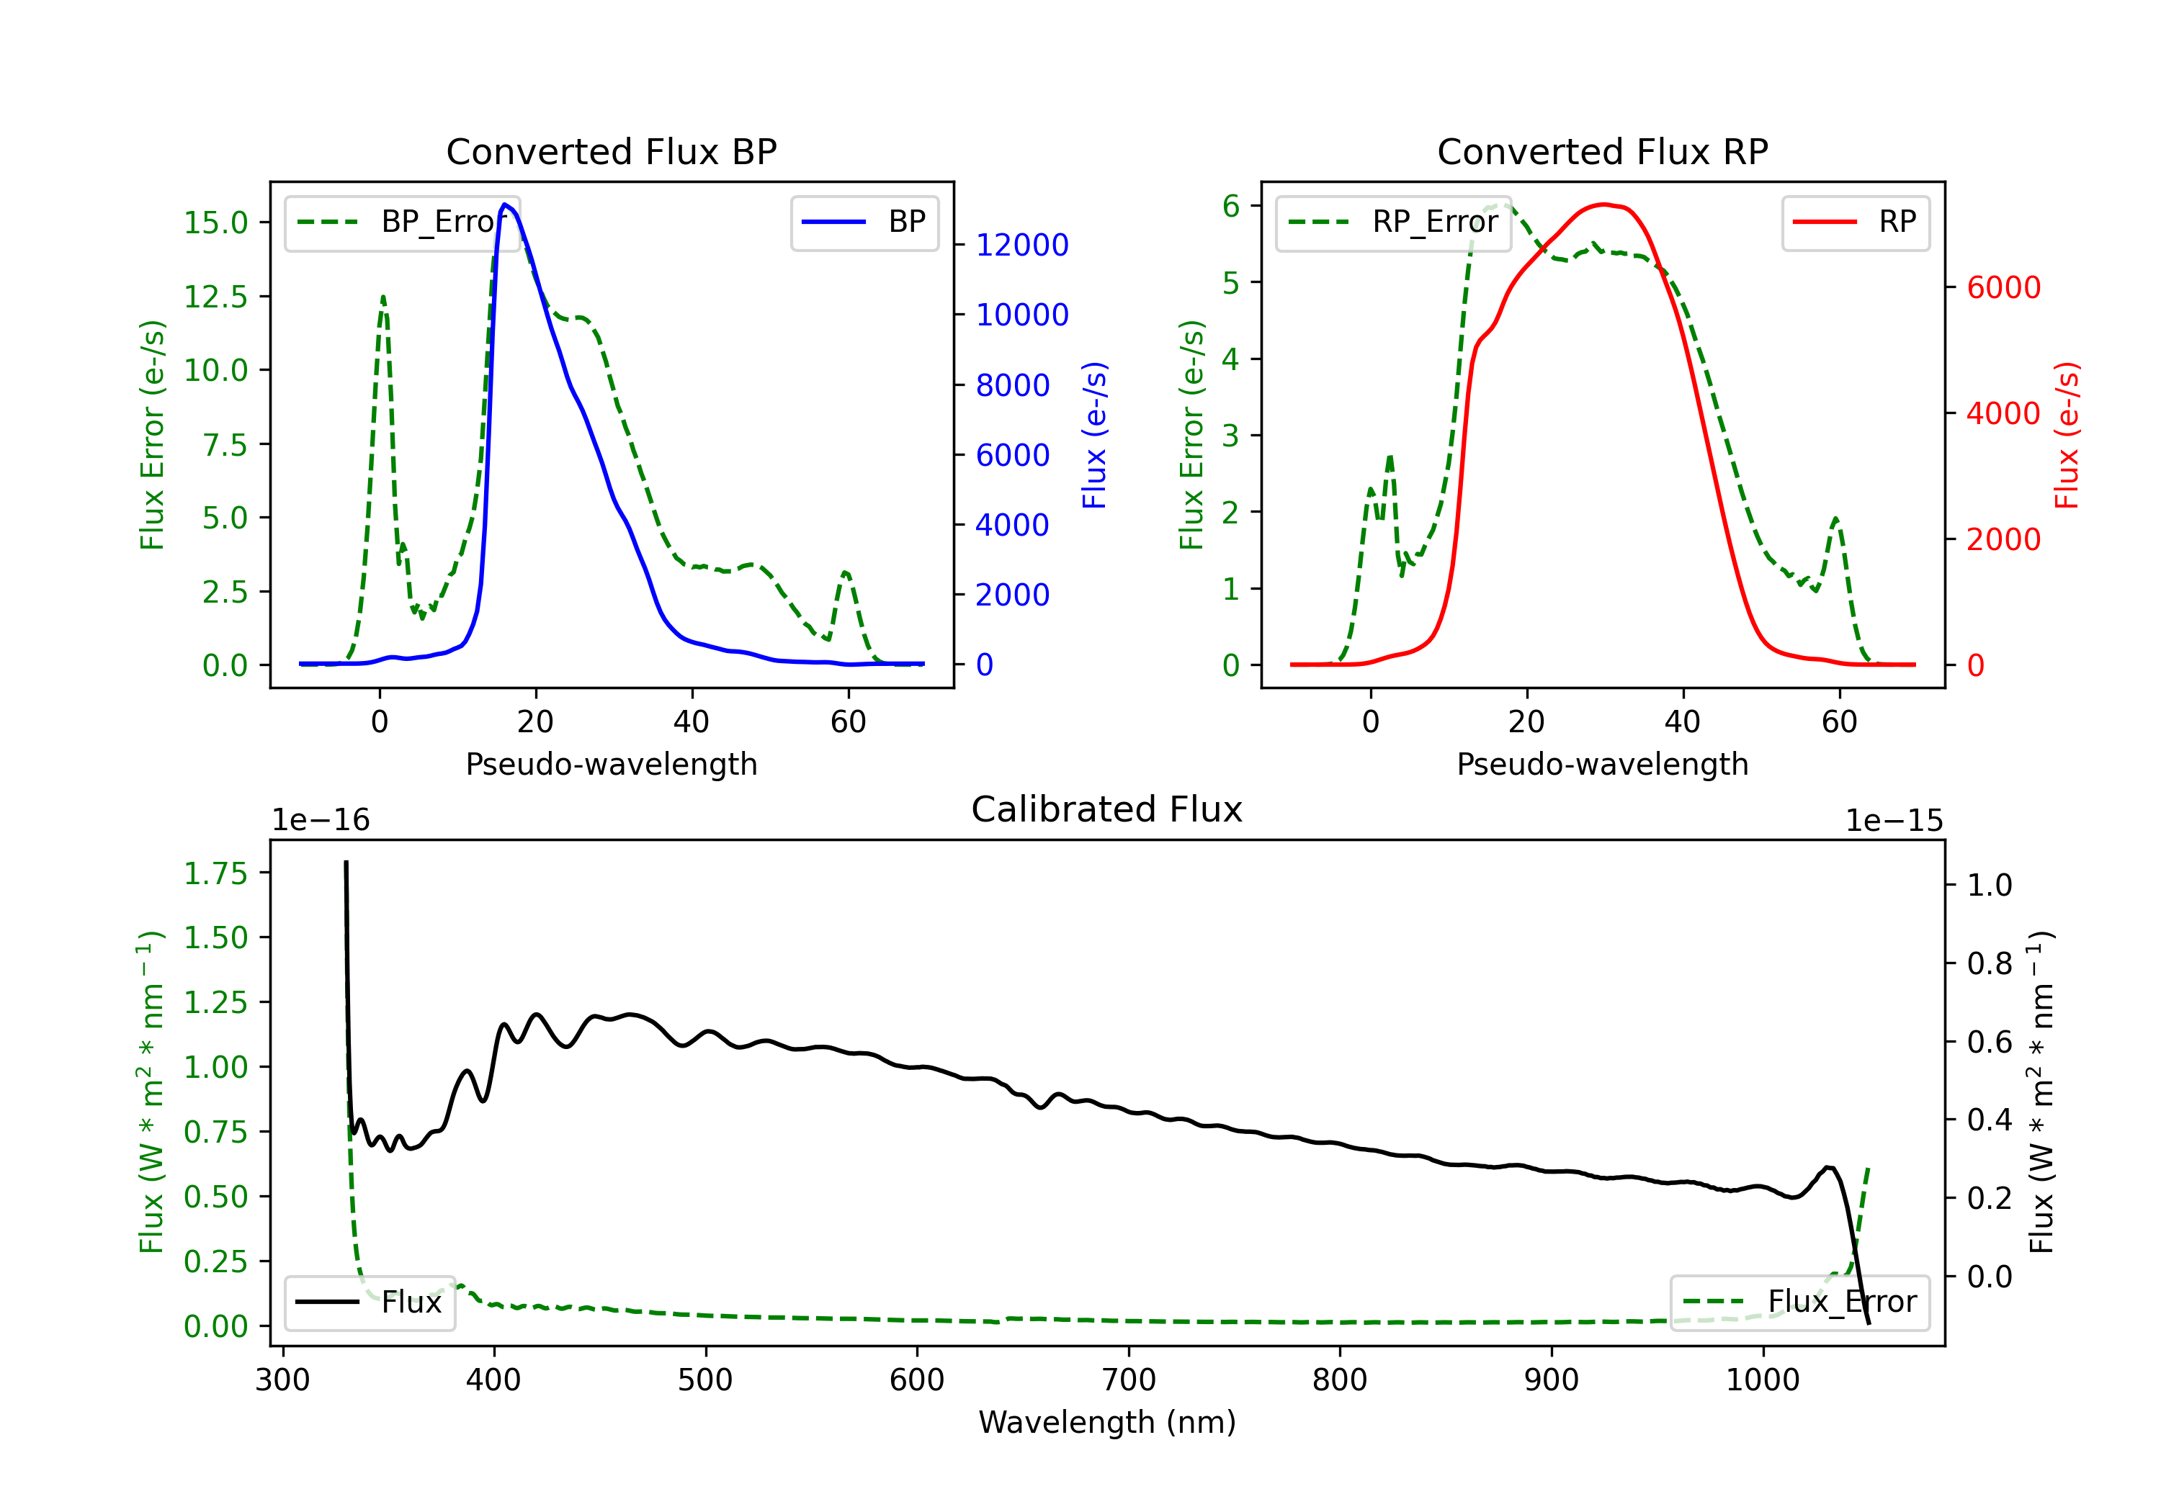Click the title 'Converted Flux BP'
[612, 151]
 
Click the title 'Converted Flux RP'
[1603, 151]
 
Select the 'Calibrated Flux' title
[1107, 809]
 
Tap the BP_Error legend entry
[402, 222]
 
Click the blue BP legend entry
[864, 222]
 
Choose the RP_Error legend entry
[1393, 222]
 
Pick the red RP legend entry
[1855, 222]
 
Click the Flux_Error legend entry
[1799, 1302]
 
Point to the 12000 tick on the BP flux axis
[1022, 245]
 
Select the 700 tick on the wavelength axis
[1129, 1380]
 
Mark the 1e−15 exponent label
[1894, 821]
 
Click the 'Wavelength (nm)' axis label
[1108, 1422]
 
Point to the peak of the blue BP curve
[506, 204]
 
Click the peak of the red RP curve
[1605, 204]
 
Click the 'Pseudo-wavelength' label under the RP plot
[1603, 764]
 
